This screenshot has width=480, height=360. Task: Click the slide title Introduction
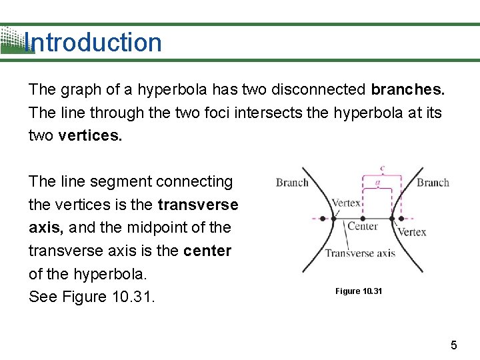tap(93, 43)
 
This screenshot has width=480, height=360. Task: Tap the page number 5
tap(454, 345)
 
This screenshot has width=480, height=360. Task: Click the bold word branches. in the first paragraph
tap(407, 89)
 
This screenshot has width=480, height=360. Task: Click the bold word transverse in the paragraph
tap(198, 204)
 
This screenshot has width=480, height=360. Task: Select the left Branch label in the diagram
tap(292, 183)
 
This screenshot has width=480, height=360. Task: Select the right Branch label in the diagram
tap(433, 183)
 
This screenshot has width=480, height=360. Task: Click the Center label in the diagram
tap(363, 226)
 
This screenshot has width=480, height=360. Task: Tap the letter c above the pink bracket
tap(381, 169)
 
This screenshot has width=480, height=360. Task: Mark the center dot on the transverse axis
tap(363, 218)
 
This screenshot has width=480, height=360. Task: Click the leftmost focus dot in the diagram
tap(324, 218)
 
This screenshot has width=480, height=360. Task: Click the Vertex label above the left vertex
tap(346, 203)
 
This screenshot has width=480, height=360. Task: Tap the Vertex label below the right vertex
tap(411, 232)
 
